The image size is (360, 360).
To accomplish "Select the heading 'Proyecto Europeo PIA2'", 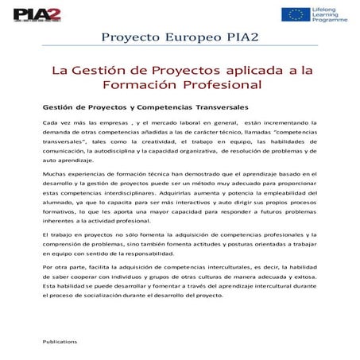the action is (x=180, y=40).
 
